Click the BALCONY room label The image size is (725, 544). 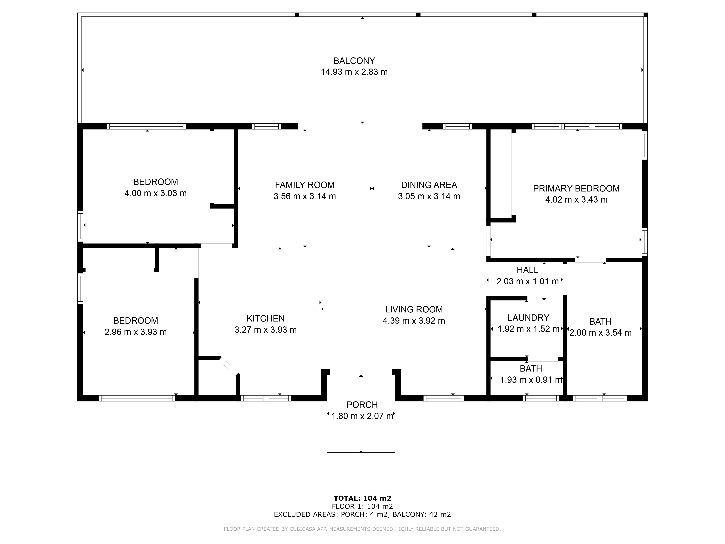354,61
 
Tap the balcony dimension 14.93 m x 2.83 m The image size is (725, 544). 354,72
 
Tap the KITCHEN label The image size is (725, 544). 266,318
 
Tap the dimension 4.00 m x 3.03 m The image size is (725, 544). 155,193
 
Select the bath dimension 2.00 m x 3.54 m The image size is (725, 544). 600,333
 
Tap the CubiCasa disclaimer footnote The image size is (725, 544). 362,529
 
